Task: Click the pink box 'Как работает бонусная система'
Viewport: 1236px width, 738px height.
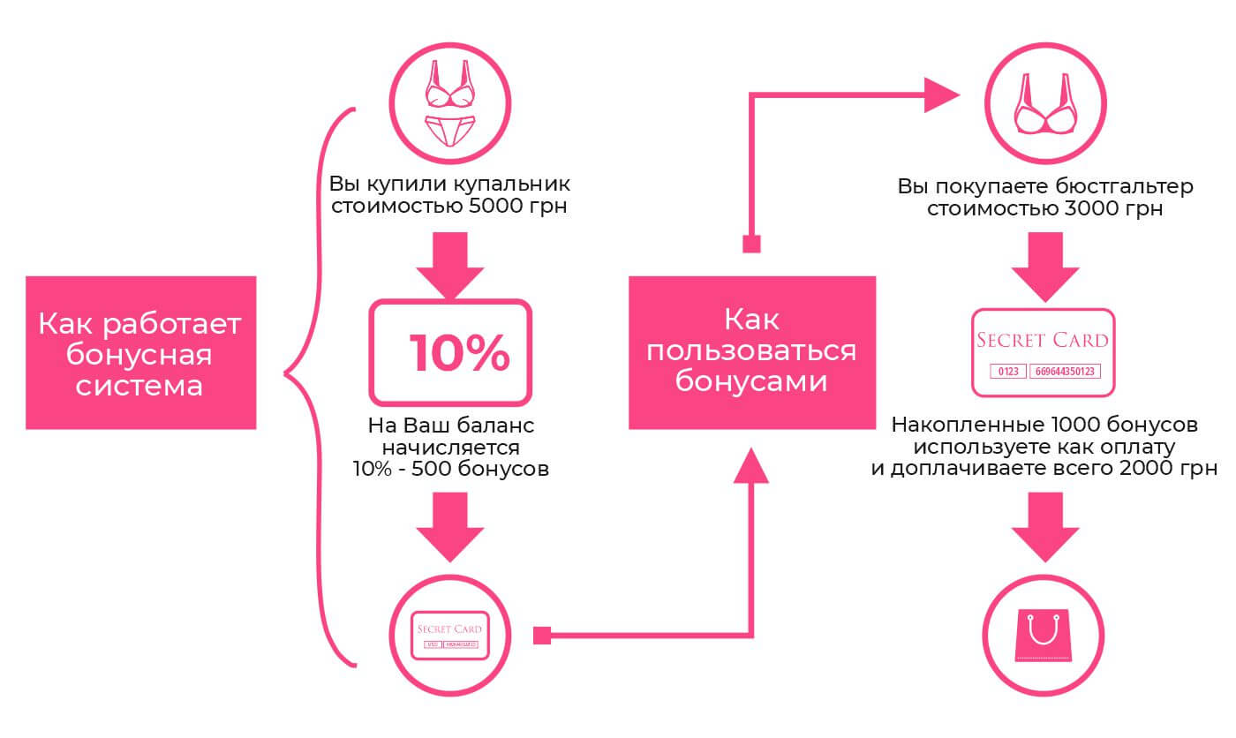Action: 140,352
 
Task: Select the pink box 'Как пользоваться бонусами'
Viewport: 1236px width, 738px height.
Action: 751,352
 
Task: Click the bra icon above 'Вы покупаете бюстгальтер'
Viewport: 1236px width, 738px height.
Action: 1044,104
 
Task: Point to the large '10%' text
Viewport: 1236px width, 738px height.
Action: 459,353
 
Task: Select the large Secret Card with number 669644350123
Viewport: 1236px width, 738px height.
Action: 1044,352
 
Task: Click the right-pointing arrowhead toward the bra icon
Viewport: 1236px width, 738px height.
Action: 941,94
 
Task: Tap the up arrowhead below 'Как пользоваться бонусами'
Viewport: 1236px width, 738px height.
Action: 751,465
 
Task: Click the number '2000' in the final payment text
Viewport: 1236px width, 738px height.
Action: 1149,468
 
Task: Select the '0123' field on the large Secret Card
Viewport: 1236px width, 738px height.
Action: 1006,372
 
